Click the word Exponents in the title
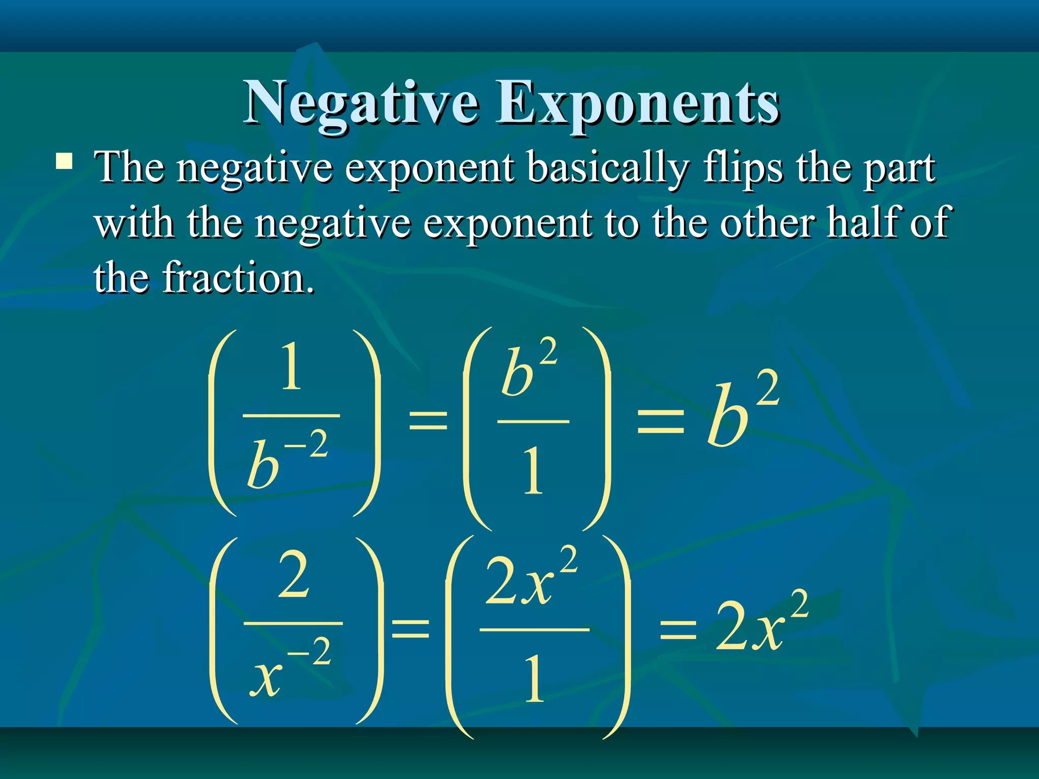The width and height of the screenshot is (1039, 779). (x=637, y=104)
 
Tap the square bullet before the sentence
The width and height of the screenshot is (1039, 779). (x=64, y=162)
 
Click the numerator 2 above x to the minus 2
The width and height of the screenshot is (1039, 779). (x=293, y=576)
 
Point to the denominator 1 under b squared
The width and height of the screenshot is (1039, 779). (x=533, y=471)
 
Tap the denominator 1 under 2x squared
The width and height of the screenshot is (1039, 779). (x=534, y=680)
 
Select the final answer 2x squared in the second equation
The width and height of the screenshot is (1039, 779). (x=761, y=624)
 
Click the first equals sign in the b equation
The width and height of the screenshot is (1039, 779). (x=428, y=420)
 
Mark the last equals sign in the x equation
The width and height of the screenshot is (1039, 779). (x=678, y=632)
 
